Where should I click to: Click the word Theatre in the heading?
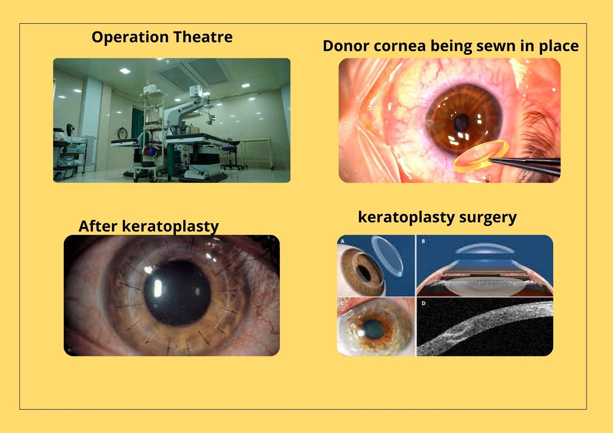point(203,37)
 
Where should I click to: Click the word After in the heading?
point(98,226)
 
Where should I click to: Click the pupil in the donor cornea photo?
point(462,123)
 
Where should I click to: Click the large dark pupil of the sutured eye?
point(177,292)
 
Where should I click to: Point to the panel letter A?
point(342,241)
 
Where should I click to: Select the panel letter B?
point(423,241)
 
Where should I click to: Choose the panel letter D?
point(423,303)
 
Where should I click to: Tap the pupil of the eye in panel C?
point(373,328)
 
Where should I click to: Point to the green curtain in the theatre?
point(138,123)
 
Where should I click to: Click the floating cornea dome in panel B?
point(484,250)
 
